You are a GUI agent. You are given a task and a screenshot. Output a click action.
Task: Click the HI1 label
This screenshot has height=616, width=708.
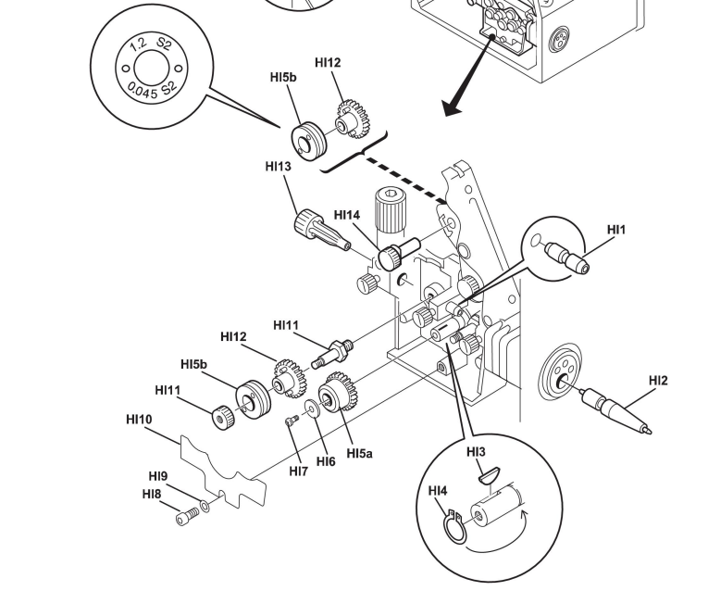tap(616, 230)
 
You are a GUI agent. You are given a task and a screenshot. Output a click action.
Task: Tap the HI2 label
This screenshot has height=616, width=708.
tap(658, 381)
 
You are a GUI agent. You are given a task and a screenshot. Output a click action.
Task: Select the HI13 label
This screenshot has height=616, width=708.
tap(279, 167)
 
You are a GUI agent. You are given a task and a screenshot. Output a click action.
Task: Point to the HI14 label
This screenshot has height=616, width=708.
tap(347, 215)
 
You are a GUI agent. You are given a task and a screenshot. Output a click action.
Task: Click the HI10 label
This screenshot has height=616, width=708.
tap(139, 420)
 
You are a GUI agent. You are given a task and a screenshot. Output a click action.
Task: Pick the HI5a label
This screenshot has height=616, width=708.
tap(359, 453)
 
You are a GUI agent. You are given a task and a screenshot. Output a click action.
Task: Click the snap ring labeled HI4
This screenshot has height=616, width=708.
tap(453, 526)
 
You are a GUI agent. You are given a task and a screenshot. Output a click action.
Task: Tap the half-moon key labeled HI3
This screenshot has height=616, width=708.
tap(489, 475)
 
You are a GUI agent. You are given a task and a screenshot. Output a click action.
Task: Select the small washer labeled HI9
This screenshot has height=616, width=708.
tap(205, 506)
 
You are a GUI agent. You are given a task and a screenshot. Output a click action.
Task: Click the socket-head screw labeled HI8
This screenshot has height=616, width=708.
tap(187, 517)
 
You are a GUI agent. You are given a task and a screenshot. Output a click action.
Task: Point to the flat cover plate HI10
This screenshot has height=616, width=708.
tap(223, 471)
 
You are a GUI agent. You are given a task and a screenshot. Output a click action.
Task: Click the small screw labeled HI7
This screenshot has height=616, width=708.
tap(292, 421)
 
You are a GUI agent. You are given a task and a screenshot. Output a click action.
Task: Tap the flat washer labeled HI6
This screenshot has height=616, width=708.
tap(312, 409)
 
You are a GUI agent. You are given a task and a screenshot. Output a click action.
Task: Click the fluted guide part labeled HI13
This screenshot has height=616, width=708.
tap(322, 229)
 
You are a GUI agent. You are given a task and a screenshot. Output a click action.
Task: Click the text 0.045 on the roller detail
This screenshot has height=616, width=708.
tap(143, 90)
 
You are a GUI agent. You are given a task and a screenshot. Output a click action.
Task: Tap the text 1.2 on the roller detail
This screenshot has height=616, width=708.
tap(138, 45)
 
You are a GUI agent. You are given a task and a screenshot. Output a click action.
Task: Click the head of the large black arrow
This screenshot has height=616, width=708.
tap(453, 107)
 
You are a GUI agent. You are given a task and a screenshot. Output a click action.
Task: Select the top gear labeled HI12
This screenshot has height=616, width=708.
tap(353, 119)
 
